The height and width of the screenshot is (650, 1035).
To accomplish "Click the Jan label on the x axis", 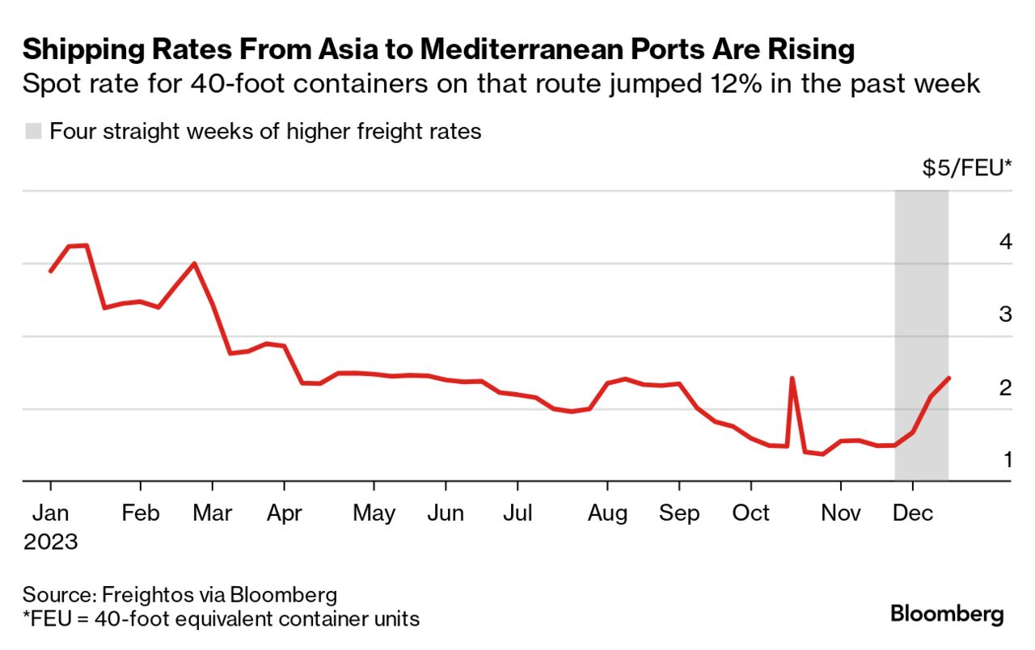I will (x=50, y=513).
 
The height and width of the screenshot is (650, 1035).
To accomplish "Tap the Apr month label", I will (x=284, y=513).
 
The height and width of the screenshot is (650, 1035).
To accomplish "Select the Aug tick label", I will (x=607, y=513).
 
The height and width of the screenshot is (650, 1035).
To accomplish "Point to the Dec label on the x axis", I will (x=914, y=513).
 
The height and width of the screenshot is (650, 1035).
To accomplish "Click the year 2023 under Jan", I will (x=50, y=541).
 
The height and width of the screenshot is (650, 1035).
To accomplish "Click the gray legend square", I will (x=33, y=131).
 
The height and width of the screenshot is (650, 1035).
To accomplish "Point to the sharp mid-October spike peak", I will (x=792, y=378).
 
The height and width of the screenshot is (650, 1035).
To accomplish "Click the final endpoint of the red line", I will (x=948, y=378).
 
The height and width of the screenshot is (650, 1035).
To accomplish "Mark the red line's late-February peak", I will (x=194, y=264).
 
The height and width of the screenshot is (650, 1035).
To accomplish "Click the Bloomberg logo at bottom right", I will (x=947, y=614).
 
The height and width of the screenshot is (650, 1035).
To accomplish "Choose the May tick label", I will (x=374, y=513).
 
